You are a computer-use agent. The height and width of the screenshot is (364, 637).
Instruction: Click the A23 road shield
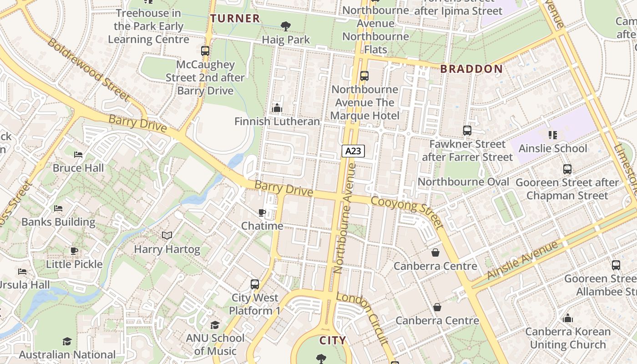(x=354, y=151)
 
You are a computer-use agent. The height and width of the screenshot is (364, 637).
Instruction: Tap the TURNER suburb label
(x=235, y=19)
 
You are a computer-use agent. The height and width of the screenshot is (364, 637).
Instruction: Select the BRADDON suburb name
(x=471, y=69)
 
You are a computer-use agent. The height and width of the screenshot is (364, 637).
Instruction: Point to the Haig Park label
(x=286, y=40)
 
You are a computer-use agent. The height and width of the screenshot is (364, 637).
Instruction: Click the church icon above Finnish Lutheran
(x=277, y=108)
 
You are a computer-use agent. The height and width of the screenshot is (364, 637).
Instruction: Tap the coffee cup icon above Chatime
(x=262, y=212)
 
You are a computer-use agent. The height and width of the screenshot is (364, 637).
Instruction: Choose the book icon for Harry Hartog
(x=167, y=236)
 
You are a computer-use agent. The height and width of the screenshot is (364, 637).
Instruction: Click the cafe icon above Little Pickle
(x=74, y=251)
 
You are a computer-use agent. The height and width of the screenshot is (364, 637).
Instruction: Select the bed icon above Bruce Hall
(x=78, y=155)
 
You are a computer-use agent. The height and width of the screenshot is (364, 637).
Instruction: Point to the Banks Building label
(x=59, y=222)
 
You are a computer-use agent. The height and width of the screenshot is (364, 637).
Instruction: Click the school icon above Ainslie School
(x=553, y=135)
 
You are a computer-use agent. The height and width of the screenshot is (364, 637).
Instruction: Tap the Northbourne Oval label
(x=463, y=182)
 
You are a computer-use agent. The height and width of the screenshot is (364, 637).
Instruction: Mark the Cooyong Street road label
(x=407, y=212)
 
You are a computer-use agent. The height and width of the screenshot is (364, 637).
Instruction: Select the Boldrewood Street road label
(x=88, y=70)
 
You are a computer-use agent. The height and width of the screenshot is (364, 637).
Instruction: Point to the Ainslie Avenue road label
(x=522, y=261)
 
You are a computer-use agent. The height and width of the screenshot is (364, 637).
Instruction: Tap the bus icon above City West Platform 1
(x=255, y=284)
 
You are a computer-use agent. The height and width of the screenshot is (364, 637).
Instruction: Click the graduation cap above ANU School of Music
(x=215, y=325)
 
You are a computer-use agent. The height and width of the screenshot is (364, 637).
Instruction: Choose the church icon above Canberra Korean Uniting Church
(x=568, y=318)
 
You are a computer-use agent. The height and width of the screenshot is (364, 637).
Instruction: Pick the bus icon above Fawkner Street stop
(x=467, y=131)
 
